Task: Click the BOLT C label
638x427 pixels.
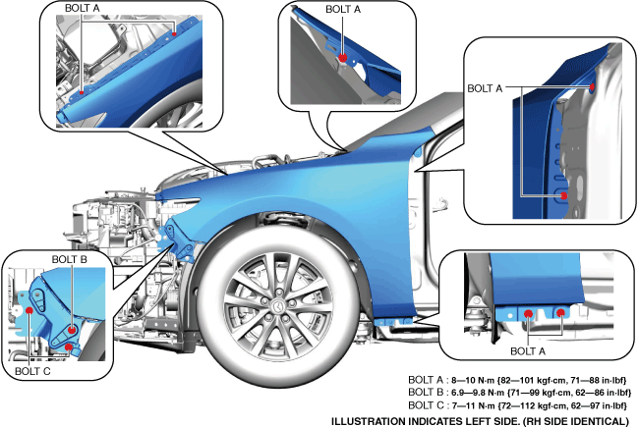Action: tap(32, 371)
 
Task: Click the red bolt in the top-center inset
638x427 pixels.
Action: tap(341, 57)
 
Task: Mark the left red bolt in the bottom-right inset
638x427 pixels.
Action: tap(528, 314)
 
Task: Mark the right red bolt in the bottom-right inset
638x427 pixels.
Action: tap(560, 313)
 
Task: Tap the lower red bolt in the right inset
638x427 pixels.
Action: tap(567, 195)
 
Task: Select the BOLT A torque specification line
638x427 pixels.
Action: tap(518, 379)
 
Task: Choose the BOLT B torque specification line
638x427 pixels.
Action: tap(518, 392)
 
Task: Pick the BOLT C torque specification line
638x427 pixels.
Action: tap(518, 404)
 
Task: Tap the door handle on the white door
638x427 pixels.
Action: tap(448, 206)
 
